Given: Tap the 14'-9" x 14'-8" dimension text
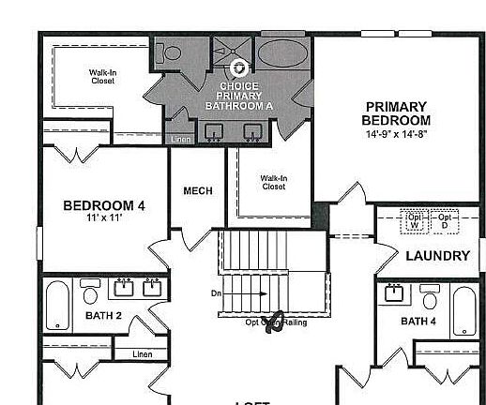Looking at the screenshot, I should (397, 134).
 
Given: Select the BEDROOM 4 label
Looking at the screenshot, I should (104, 205).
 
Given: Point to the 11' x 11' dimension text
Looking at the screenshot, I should (104, 218).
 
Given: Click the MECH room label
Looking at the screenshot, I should (197, 191).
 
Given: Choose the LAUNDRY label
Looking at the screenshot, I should (437, 256).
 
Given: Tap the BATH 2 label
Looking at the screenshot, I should (104, 316).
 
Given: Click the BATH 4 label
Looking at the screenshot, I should (418, 322).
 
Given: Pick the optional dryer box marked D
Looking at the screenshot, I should (444, 222).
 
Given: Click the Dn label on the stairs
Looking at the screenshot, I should (216, 293).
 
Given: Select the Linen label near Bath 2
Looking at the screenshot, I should (142, 354).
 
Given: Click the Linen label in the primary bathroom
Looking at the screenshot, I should (180, 140).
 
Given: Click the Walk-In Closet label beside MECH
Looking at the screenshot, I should (273, 182).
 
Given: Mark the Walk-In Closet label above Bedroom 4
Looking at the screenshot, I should (103, 76).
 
